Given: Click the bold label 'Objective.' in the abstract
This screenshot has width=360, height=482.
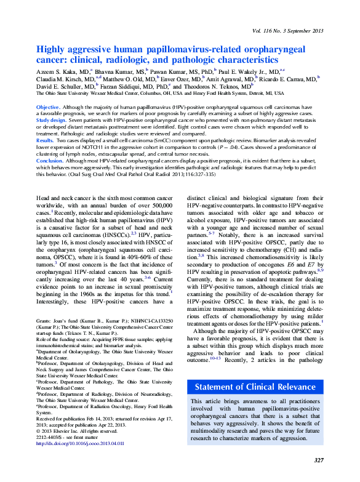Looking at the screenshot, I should point(48,107).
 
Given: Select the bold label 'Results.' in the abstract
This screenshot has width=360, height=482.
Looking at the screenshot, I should point(46,141).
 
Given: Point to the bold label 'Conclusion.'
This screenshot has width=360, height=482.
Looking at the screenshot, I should point(50,161).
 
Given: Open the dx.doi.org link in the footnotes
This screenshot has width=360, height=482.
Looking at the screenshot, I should point(81,443).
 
